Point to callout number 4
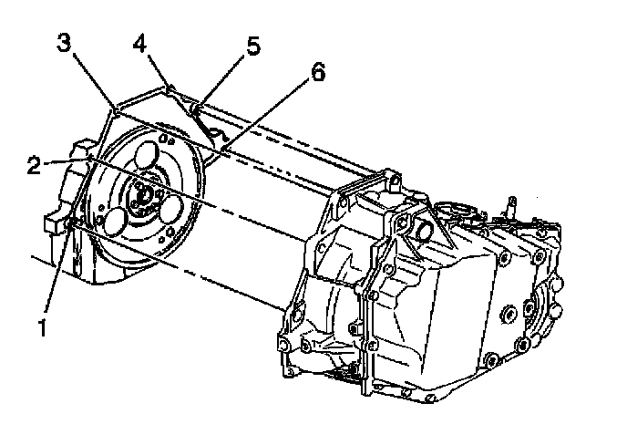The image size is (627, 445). (140, 42)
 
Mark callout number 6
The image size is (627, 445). (317, 74)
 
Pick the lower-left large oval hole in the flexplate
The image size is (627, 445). (117, 220)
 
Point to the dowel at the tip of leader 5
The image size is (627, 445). (196, 114)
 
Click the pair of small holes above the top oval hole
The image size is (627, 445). (164, 138)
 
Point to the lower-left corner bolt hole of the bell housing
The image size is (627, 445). (288, 344)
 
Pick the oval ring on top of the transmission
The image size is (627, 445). (452, 214)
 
